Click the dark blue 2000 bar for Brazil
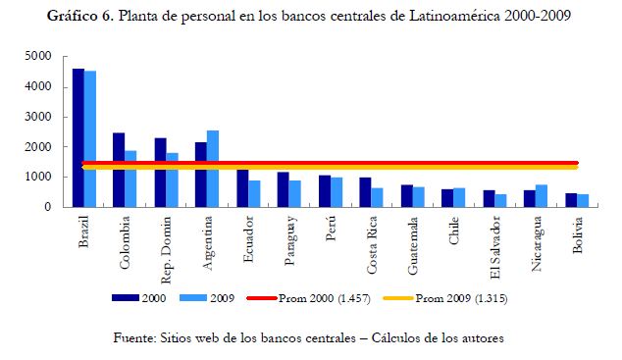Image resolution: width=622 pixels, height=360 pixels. pos(78,137)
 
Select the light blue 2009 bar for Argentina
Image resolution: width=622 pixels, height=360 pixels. pos(213,169)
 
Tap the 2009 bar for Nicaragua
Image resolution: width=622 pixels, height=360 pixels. pos(542,196)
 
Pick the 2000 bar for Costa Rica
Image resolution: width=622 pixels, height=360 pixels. pos(365,192)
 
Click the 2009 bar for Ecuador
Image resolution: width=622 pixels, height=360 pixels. pos(254,194)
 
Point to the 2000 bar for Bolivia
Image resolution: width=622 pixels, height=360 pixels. pos(571,200)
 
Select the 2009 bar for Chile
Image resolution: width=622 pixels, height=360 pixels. pos(459,197)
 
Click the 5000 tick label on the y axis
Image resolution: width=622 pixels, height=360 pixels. pos(38,56)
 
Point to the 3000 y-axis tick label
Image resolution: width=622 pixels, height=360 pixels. pos(38,117)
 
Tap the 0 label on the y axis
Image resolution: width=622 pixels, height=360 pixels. pos(48,207)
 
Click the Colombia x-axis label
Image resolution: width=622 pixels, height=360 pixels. pos(125,242)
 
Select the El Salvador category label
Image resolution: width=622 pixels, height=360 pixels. pos(495,247)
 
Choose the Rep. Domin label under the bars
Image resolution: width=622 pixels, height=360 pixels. pos(166,250)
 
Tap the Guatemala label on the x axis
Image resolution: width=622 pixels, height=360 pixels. pos(413,245)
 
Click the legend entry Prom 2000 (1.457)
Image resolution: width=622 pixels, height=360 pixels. pos(309,298)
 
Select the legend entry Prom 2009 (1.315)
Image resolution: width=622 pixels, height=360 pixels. pos(445,298)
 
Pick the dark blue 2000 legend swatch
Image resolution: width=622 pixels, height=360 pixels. pos(126,298)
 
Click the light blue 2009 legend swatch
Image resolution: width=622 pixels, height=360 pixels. pos(193,298)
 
